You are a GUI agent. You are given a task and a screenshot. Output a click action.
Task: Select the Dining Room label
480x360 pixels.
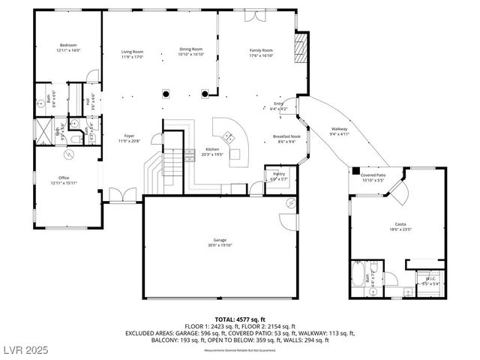coord(191,49)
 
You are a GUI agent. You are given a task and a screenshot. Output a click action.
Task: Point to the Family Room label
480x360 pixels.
coord(261,50)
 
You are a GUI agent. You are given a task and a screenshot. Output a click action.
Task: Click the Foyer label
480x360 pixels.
coord(129,136)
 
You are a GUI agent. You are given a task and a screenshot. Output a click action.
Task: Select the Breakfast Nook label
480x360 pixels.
coord(285,136)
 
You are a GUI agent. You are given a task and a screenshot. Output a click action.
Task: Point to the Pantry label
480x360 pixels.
coord(279,174)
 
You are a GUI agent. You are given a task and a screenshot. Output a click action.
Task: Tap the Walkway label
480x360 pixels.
coord(339,130)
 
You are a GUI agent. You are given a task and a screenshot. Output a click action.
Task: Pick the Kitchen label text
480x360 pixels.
coord(212,149)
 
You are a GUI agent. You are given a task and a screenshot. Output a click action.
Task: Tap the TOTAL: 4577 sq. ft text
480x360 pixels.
coord(239,319)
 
